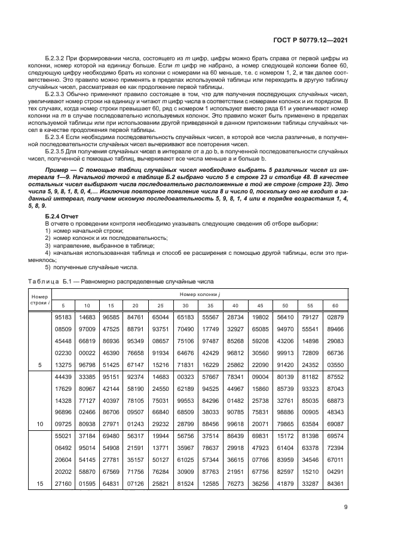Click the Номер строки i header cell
coord(39,300)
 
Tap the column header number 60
coord(335,305)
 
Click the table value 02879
coord(335,316)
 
